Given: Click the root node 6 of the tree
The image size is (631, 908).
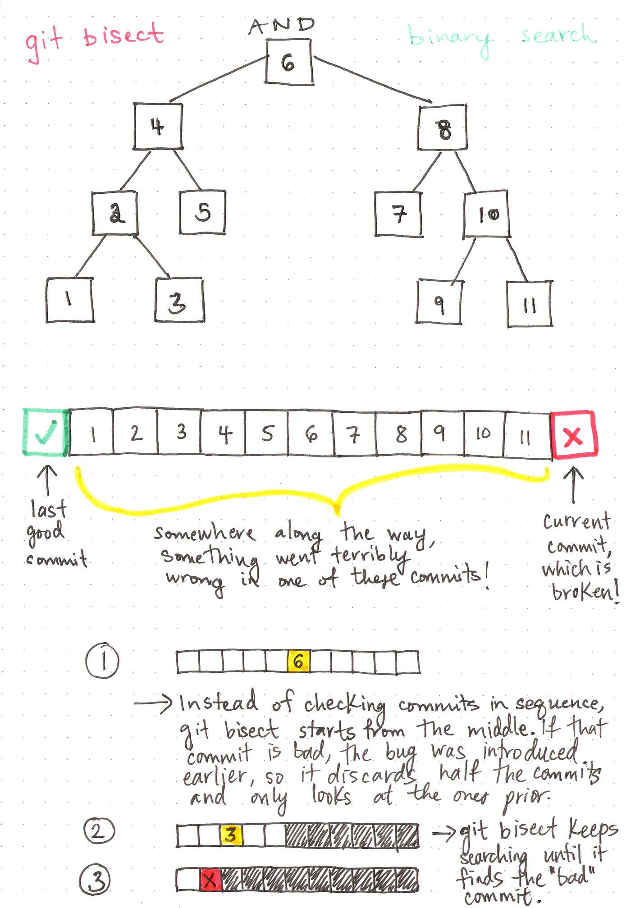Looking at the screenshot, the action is pyautogui.click(x=289, y=62).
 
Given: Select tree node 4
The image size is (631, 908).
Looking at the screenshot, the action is pyautogui.click(x=158, y=126).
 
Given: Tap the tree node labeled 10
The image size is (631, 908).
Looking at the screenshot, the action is pyautogui.click(x=487, y=214).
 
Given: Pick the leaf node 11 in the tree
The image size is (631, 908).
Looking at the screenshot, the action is pyautogui.click(x=530, y=304).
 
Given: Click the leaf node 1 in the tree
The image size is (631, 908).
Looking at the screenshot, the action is pyautogui.click(x=70, y=300).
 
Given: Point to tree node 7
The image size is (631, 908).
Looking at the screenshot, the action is pyautogui.click(x=399, y=214).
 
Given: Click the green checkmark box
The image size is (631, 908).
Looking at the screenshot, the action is pyautogui.click(x=46, y=432).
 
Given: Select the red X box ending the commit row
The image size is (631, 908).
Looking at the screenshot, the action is pyautogui.click(x=574, y=435).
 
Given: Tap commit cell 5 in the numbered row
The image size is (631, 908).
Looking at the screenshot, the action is pyautogui.click(x=267, y=433).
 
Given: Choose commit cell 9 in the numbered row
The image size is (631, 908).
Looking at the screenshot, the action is pyautogui.click(x=443, y=433).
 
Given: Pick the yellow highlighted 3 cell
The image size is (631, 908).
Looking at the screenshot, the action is pyautogui.click(x=231, y=835).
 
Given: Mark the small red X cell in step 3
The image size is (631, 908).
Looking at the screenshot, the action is pyautogui.click(x=210, y=879).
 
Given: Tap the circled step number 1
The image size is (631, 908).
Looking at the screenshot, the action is pyautogui.click(x=103, y=661).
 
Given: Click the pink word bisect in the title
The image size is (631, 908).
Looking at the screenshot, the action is pyautogui.click(x=123, y=35).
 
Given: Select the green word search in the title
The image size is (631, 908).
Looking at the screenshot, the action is pyautogui.click(x=558, y=34).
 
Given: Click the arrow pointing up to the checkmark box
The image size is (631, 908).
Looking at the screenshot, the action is pyautogui.click(x=47, y=480).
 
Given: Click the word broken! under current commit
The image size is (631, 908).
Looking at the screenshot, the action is pyautogui.click(x=585, y=591).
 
